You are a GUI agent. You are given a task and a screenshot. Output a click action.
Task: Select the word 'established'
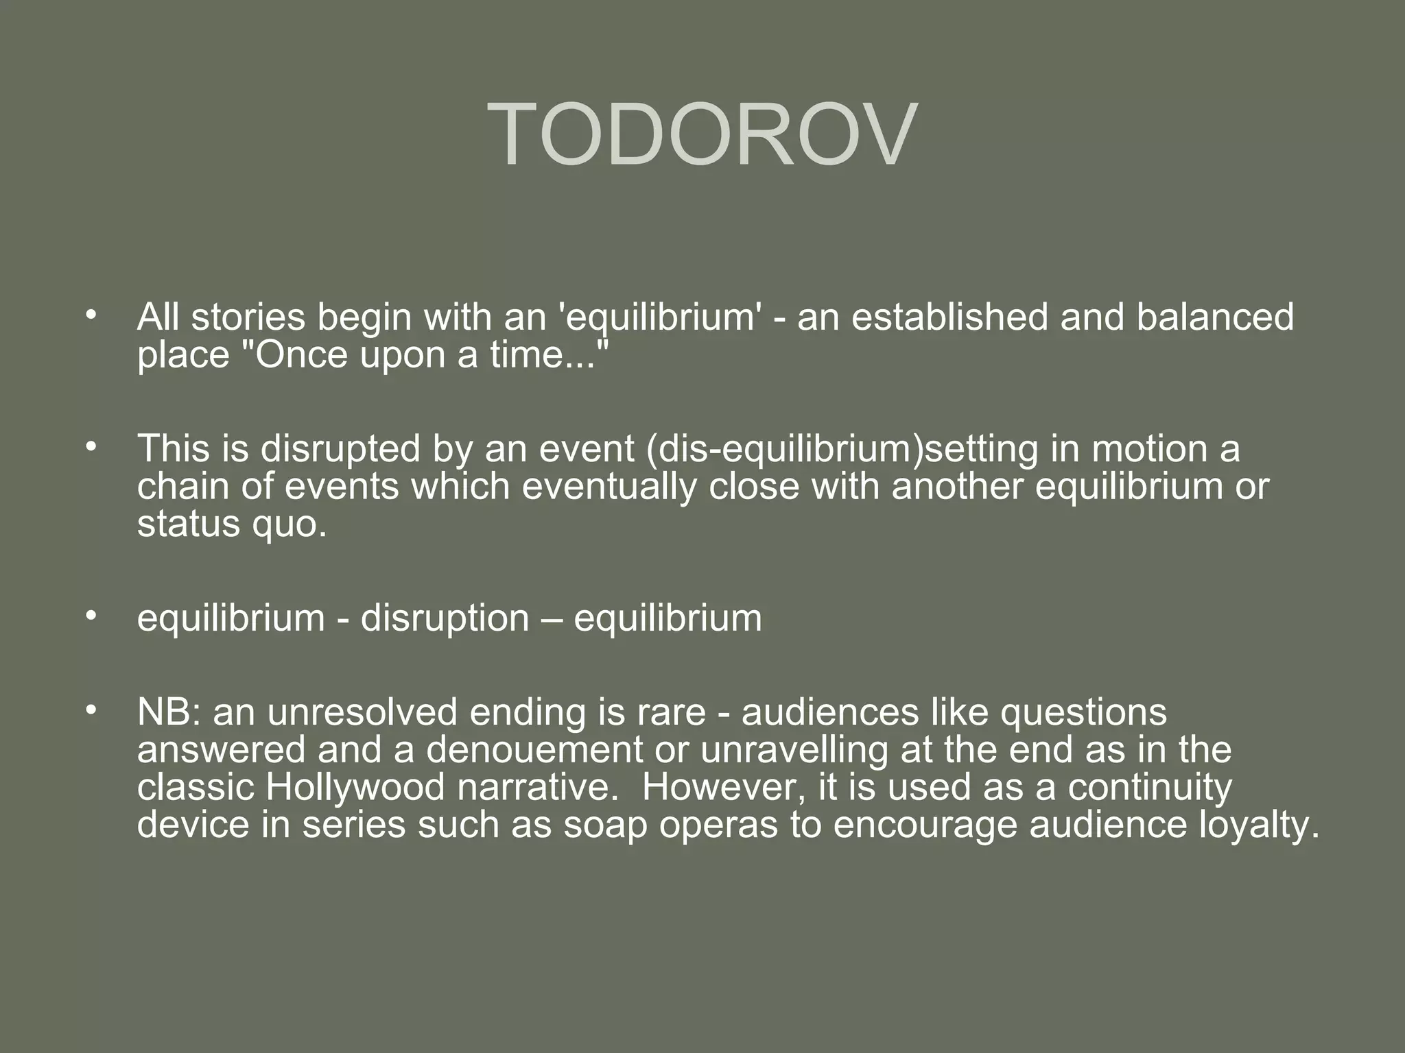coord(949,317)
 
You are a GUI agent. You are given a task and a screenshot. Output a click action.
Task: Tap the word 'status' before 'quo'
coord(178,524)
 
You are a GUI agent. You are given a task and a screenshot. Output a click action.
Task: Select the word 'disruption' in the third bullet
coord(445,618)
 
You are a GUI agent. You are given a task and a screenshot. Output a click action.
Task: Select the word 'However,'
coord(723,786)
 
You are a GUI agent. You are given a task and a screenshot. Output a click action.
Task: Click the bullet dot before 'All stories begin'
coord(90,316)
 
